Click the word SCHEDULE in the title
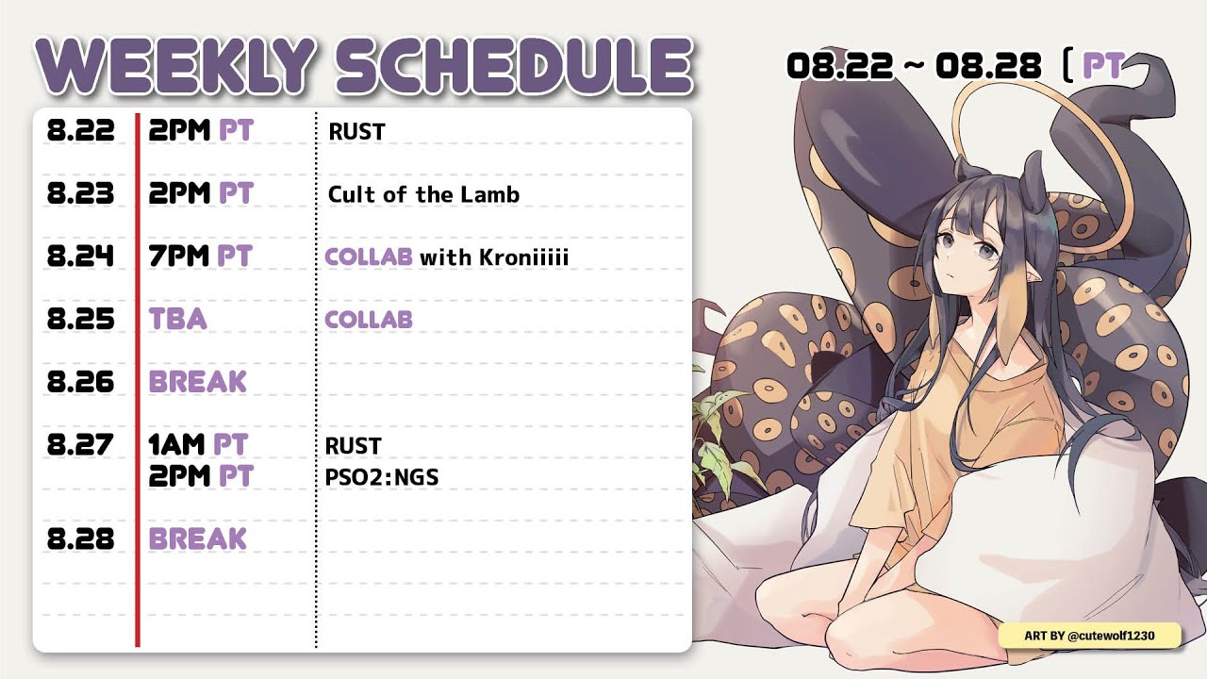[x=515, y=66]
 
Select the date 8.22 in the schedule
[x=81, y=130]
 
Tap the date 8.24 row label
[x=81, y=256]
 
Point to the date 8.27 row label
[x=81, y=444]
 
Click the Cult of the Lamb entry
[x=423, y=194]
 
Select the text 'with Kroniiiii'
[x=494, y=257]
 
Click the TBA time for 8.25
[x=178, y=319]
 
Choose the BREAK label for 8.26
[x=198, y=382]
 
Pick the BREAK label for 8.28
[x=198, y=538]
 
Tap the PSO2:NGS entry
[x=382, y=477]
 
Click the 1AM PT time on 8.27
[x=198, y=444]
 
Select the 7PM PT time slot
[x=201, y=256]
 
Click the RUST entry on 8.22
[x=356, y=132]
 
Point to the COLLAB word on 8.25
[x=369, y=320]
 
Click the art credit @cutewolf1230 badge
[x=1089, y=636]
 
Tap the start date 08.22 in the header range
[x=839, y=66]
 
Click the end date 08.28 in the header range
[x=988, y=66]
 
